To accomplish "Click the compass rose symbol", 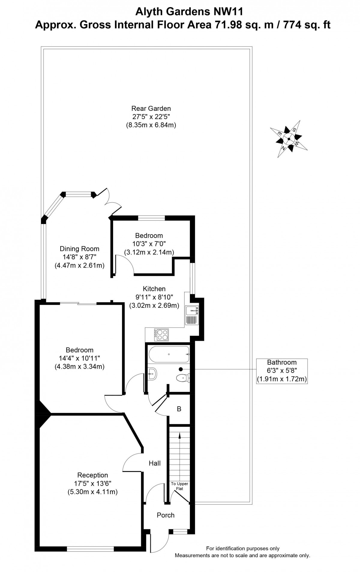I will coord(289,139).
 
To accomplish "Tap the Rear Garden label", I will coord(151,108).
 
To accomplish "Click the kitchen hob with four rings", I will coord(162,334).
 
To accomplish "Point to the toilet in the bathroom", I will coord(183,378).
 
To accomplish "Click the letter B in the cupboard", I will coord(179,409).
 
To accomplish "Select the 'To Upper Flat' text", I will coord(179,486).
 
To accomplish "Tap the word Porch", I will coord(166,515).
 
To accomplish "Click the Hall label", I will coord(155,463).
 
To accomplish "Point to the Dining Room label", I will coord(79,249).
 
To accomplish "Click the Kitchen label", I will coord(154,289).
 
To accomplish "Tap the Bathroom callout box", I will coord(282,371).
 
